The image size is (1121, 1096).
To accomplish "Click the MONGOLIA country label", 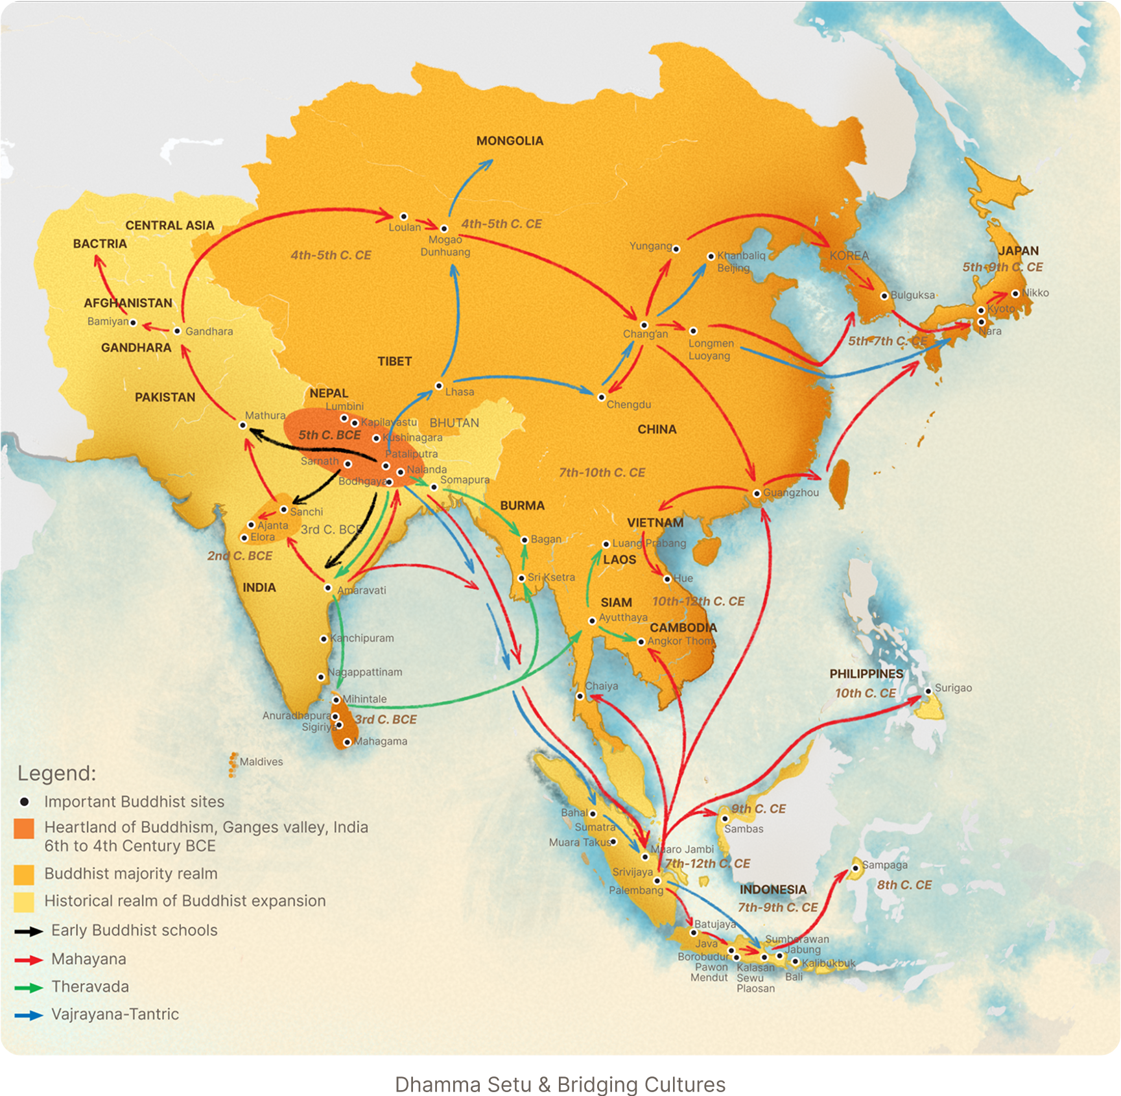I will [510, 141].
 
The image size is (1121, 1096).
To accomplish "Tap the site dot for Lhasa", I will [439, 387].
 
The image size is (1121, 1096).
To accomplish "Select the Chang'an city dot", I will [644, 325].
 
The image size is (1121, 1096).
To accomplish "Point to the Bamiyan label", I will [108, 321].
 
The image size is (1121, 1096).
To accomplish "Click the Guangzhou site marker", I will [757, 494].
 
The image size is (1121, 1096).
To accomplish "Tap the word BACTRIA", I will [100, 244].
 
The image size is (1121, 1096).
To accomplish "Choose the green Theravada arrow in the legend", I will [29, 987].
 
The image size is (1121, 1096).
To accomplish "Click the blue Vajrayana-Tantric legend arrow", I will [29, 1015].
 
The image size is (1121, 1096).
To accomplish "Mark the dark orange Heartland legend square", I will [24, 829].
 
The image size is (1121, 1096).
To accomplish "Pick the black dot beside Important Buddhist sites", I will [25, 802].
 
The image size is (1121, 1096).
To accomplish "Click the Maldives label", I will [261, 761].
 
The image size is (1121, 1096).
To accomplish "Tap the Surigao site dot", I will [928, 691].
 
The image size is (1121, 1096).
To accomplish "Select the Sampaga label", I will [885, 864].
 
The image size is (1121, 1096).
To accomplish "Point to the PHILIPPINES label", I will [866, 674].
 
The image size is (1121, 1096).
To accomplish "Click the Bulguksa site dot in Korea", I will [884, 296].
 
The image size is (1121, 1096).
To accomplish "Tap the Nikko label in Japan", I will [1035, 292].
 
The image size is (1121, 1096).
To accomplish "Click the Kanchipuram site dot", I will [324, 639].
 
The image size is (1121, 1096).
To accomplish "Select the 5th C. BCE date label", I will [329, 435].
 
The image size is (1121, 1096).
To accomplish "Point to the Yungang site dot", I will [676, 248].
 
